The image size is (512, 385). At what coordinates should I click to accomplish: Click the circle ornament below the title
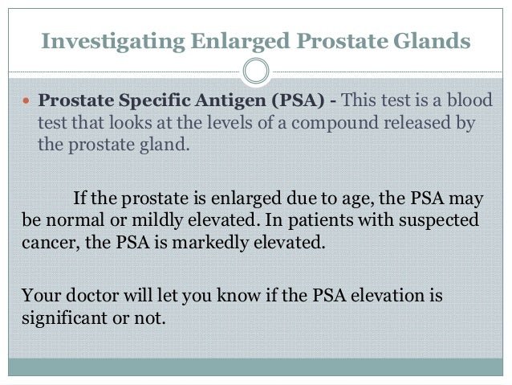255,72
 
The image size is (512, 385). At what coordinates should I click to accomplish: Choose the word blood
470,103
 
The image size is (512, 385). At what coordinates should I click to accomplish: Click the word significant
59,317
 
